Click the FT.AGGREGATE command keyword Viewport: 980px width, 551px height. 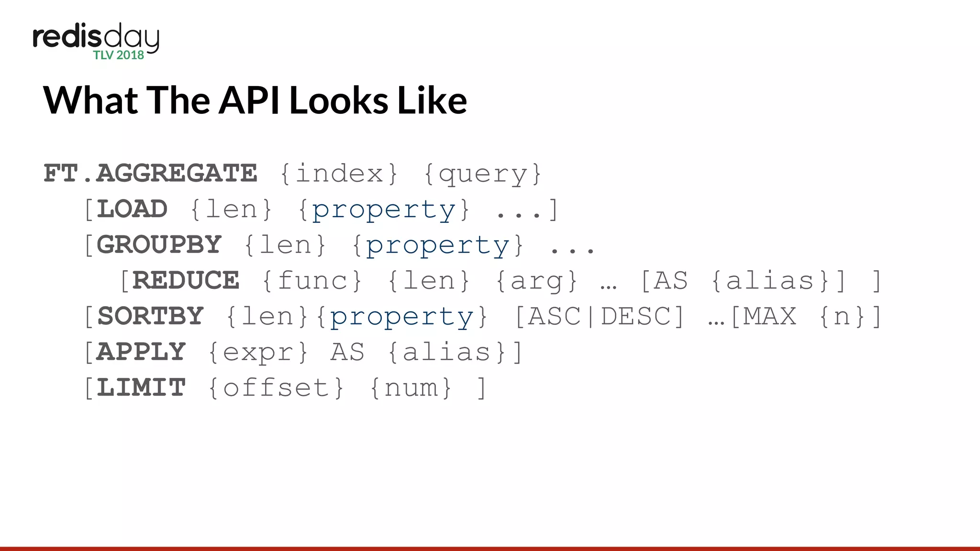pyautogui.click(x=150, y=173)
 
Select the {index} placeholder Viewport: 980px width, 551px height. pyautogui.click(x=339, y=173)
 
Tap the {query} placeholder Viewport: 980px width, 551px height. pyautogui.click(x=482, y=174)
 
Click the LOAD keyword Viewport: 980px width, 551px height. pyautogui.click(x=132, y=209)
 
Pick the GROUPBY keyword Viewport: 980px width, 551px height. pyautogui.click(x=159, y=244)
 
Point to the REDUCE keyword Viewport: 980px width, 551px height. pyautogui.click(x=186, y=280)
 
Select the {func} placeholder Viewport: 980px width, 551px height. pyautogui.click(x=312, y=280)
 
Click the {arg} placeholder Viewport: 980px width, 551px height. pyautogui.click(x=536, y=281)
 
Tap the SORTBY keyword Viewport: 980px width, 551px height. pyautogui.click(x=150, y=316)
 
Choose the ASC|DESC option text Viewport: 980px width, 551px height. pyautogui.click(x=600, y=316)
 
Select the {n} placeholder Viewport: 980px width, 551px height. pyautogui.click(x=842, y=316)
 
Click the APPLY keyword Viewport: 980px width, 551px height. pyautogui.click(x=141, y=352)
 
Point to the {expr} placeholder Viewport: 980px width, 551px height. pyautogui.click(x=258, y=353)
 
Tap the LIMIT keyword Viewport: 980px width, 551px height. pyautogui.click(x=141, y=387)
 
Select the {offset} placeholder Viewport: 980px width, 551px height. pyautogui.click(x=276, y=387)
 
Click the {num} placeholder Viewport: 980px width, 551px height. pyautogui.click(x=411, y=387)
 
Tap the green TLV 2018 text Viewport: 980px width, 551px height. pyautogui.click(x=119, y=55)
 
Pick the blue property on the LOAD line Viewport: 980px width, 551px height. pyautogui.click(x=383, y=210)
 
